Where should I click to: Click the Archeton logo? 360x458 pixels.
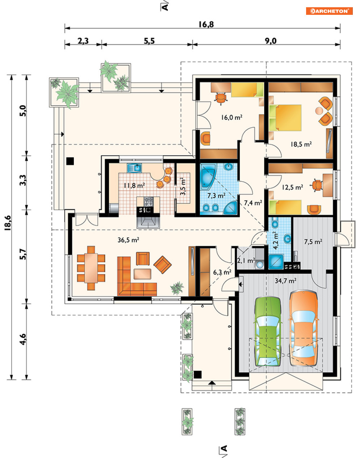tap(329, 11)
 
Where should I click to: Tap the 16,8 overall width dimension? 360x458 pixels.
tap(206, 25)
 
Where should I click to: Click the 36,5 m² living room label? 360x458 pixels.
tap(128, 240)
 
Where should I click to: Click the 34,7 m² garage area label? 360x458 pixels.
tap(285, 281)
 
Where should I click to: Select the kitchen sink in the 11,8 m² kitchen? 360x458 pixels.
tap(134, 168)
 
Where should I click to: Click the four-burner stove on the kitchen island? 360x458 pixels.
tap(148, 202)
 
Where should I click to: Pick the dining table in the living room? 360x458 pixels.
tap(91, 267)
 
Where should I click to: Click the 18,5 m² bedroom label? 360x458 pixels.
tap(301, 144)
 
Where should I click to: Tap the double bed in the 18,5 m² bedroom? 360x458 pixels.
tap(285, 118)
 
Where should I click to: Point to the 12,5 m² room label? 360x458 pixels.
tap(293, 187)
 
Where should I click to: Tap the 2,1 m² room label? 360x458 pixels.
tap(246, 261)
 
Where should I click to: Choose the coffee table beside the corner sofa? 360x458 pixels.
tap(142, 274)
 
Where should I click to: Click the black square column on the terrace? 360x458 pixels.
tap(70, 161)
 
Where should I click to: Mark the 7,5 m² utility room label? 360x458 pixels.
tap(313, 242)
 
